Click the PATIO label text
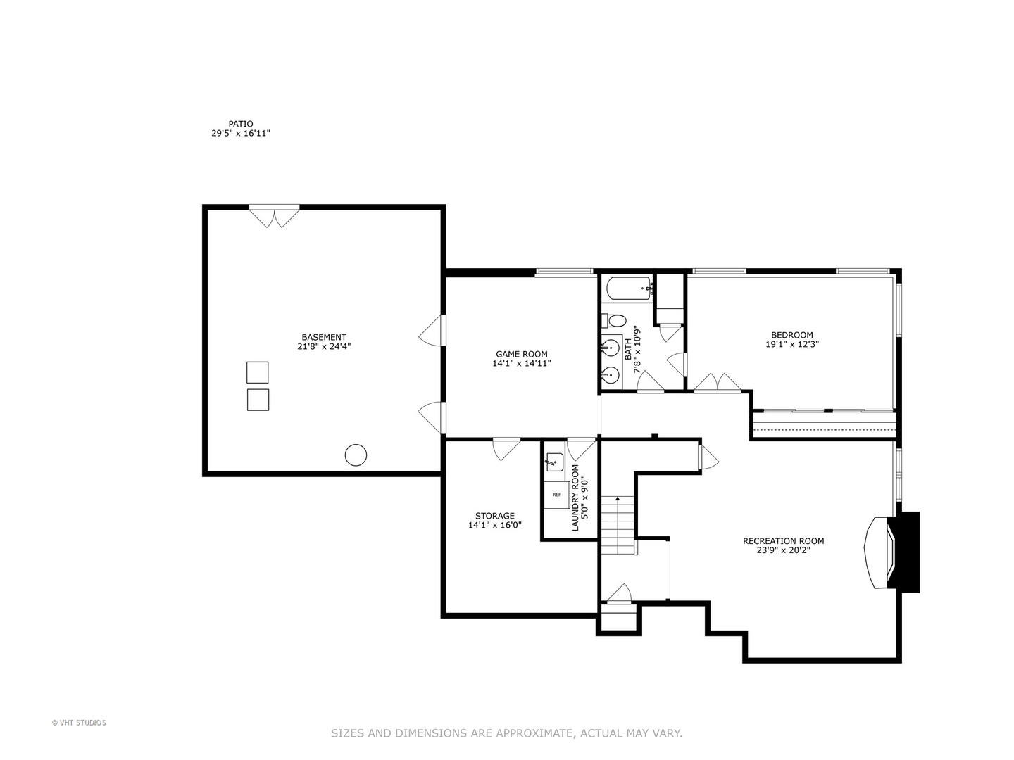pos(240,124)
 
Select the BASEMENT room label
pos(324,337)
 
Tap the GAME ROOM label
pos(521,354)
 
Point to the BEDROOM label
pos(791,335)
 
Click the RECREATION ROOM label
pos(783,541)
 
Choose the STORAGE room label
pos(494,516)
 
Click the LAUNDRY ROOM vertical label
pos(575,498)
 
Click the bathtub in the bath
pos(629,288)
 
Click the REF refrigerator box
pos(556,495)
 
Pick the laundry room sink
pos(554,462)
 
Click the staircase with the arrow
pos(618,525)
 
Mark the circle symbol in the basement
pos(356,455)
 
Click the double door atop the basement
pos(275,216)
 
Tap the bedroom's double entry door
pos(717,382)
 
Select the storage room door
pos(506,448)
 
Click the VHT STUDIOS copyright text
pos(79,723)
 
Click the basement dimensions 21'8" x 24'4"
pos(324,346)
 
